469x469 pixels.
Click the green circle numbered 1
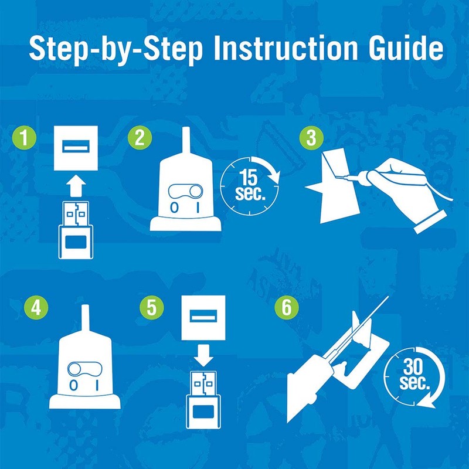click(x=24, y=138)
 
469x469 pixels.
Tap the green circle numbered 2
click(x=140, y=138)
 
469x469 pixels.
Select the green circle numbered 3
click(x=311, y=138)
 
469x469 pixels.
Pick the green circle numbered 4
click(x=36, y=307)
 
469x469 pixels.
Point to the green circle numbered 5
click(x=152, y=307)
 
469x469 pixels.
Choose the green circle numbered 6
click(x=287, y=307)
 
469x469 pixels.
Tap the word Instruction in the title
click(x=286, y=48)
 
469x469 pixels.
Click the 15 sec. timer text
click(x=250, y=185)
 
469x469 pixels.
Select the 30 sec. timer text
click(x=414, y=375)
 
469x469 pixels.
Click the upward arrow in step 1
click(x=76, y=186)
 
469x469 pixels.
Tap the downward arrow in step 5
click(x=203, y=356)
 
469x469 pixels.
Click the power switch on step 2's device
click(x=185, y=192)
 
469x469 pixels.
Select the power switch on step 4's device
click(x=85, y=369)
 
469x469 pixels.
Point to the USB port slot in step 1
click(x=76, y=146)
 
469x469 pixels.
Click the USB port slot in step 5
click(x=203, y=316)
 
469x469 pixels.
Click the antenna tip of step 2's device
click(x=186, y=128)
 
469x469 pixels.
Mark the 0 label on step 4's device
click(x=73, y=386)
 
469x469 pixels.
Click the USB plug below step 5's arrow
click(x=203, y=400)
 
